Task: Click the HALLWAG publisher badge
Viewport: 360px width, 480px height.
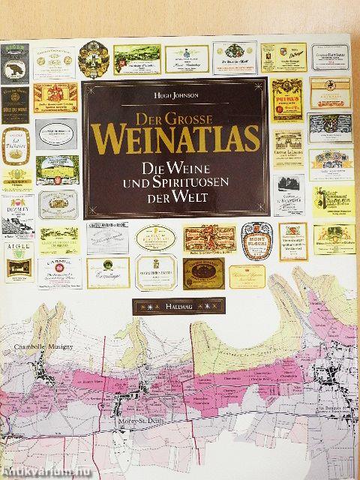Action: pos(178,306)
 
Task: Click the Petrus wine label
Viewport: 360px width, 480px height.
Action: pos(287,98)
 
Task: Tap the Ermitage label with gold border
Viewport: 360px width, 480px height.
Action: pos(107,273)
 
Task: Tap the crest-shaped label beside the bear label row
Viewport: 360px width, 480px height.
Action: pos(94,59)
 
